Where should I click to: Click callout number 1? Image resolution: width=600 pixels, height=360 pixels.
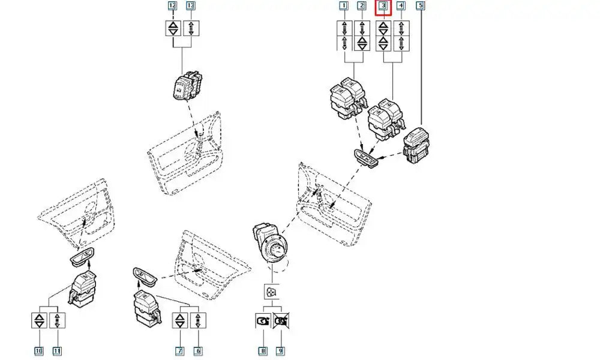click(x=344, y=7)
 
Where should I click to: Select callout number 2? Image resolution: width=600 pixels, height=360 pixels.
click(x=362, y=7)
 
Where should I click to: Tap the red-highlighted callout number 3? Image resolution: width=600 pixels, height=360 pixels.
click(x=383, y=7)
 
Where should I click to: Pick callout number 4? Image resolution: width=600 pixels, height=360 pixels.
click(x=401, y=7)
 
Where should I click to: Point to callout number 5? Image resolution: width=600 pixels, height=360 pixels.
click(x=419, y=7)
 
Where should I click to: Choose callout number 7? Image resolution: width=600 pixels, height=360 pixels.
click(x=179, y=350)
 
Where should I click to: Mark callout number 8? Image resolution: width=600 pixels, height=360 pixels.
click(x=262, y=350)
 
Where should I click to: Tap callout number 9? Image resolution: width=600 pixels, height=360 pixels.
click(x=280, y=350)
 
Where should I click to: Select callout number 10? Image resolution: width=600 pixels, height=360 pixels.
click(x=38, y=350)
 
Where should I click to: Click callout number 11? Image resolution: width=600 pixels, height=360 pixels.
click(x=56, y=350)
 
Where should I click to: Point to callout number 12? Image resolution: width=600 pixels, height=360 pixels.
click(x=172, y=7)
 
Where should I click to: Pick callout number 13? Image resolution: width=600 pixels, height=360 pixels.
click(x=190, y=7)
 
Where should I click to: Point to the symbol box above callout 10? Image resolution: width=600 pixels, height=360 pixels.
click(x=38, y=320)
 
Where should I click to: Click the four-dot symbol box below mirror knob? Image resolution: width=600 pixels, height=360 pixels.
click(x=271, y=293)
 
